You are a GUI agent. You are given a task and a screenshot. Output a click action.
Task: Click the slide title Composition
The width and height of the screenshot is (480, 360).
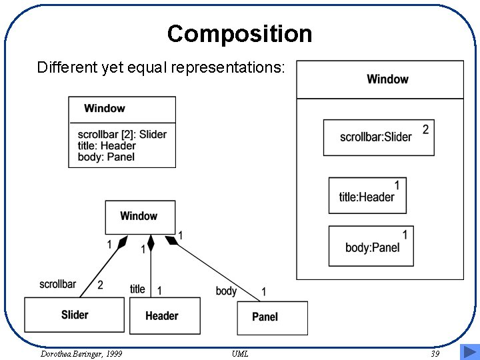[239, 33]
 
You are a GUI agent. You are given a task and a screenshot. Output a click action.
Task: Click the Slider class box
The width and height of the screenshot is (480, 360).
[74, 315]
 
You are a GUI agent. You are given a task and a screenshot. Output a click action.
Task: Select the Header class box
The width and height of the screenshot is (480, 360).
[161, 316]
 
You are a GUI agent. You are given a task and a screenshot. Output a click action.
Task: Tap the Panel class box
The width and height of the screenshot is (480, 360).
[272, 317]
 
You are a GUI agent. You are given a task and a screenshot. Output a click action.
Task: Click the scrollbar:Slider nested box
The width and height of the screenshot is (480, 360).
[378, 137]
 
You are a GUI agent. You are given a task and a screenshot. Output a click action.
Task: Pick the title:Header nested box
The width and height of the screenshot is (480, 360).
[367, 195]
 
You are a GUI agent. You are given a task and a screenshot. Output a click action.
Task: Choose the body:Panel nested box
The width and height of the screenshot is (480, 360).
[371, 246]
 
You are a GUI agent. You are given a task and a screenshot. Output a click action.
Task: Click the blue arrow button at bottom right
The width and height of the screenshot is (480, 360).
[469, 352]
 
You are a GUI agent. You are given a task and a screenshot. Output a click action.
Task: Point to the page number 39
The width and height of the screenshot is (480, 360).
[435, 353]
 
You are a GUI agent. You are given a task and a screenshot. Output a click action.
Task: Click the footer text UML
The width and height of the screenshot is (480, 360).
[240, 353]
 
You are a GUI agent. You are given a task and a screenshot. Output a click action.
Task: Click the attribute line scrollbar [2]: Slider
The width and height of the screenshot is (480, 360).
[122, 134]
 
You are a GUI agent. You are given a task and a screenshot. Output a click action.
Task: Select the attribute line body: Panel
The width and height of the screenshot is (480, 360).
[106, 157]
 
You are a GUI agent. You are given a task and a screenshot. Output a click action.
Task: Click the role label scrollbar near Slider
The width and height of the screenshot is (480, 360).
[57, 284]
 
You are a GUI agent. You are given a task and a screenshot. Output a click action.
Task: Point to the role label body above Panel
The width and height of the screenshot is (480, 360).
[226, 291]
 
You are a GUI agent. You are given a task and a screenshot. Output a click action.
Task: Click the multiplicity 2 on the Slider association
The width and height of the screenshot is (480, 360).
[100, 285]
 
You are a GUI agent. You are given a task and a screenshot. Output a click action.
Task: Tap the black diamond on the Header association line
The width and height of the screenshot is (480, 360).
[151, 242]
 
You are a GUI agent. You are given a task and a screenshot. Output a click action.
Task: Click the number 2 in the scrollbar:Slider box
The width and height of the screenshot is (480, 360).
[425, 129]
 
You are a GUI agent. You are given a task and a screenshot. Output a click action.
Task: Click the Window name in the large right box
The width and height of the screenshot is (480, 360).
[387, 79]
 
